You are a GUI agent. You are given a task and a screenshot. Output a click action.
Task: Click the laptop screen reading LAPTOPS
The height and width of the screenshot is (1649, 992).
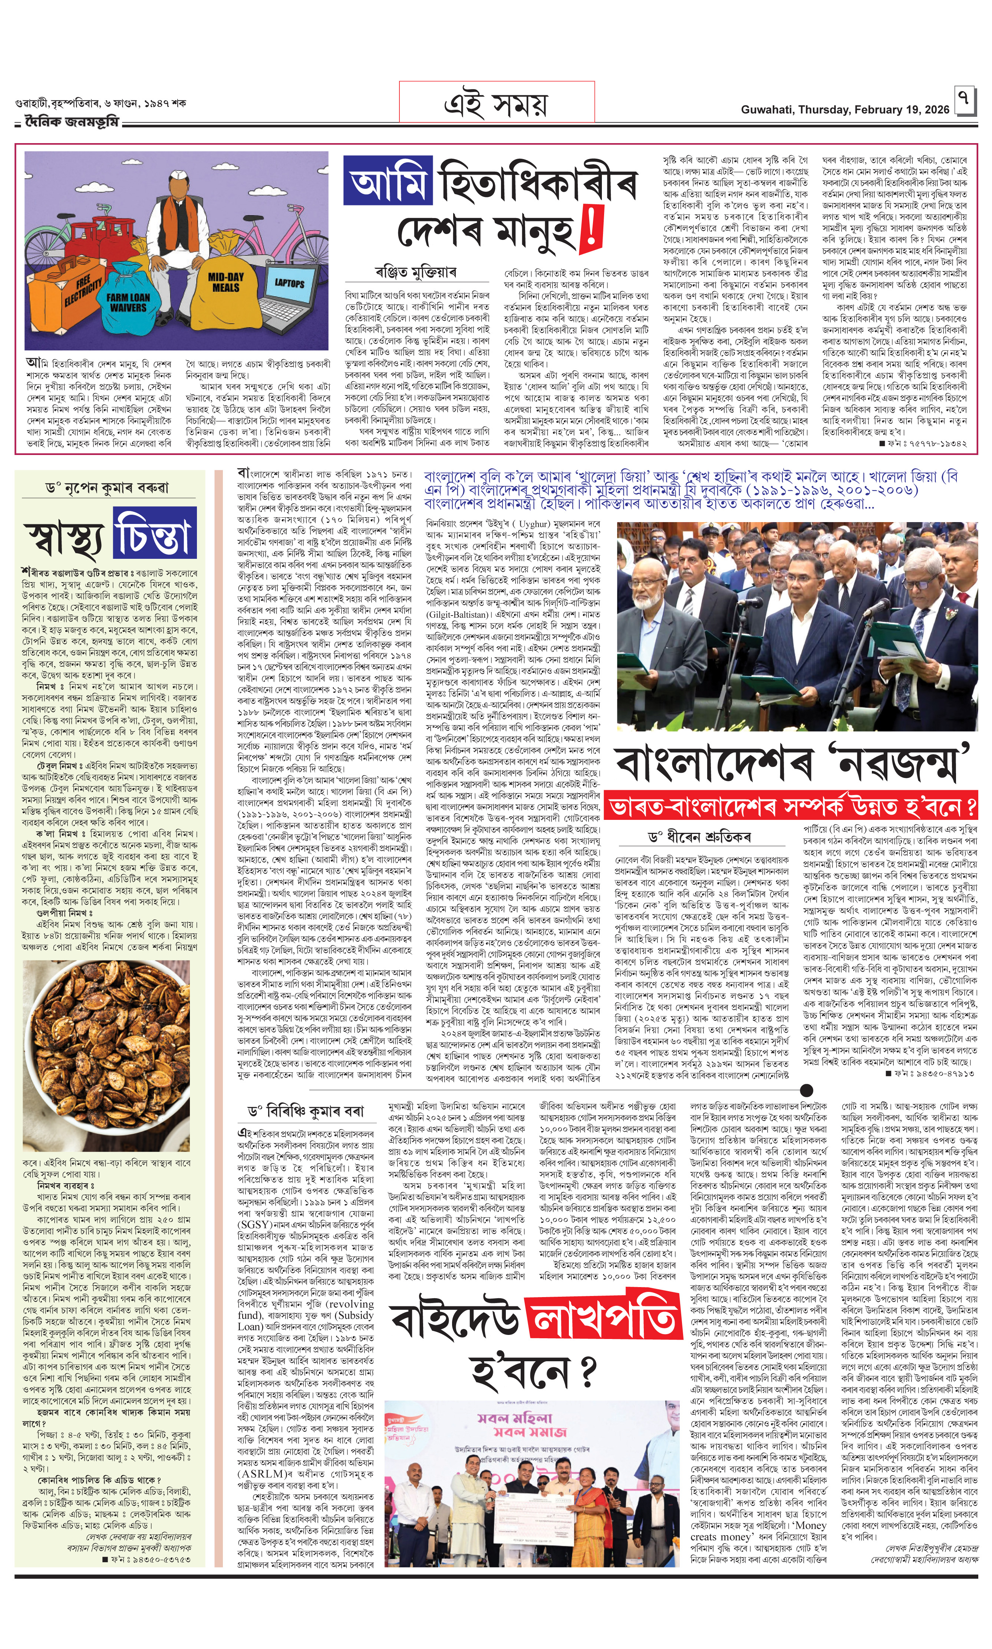pos(290,284)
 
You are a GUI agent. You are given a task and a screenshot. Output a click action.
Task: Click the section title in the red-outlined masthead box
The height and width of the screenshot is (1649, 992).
pos(496,103)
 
